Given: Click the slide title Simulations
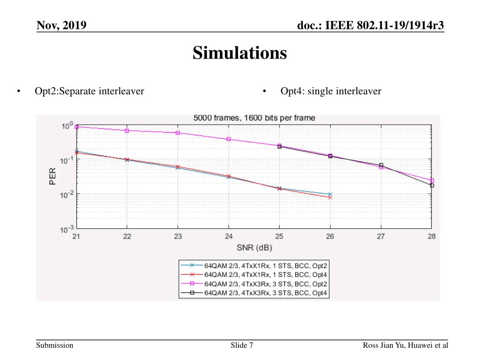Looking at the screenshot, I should coord(240,53).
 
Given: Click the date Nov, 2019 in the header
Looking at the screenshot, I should coord(61,25).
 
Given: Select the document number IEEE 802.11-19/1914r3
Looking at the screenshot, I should coord(370,25).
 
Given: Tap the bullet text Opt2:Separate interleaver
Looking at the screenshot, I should coord(89,91).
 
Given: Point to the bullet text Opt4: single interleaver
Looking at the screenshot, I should coord(330,91).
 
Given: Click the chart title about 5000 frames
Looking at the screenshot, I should coord(254,118).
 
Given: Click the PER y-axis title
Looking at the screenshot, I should coord(53,176).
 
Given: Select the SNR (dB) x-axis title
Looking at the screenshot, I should coord(254,248).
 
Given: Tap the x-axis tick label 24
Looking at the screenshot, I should coord(228,236).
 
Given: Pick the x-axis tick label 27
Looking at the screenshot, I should coord(381,236).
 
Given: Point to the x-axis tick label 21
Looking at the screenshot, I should coord(76,236).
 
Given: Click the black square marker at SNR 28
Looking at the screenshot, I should coord(432,185).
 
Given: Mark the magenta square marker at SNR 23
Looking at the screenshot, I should coord(178,133).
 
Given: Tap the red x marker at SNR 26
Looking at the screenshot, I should coord(330,197).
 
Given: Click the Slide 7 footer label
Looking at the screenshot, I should coord(242,345).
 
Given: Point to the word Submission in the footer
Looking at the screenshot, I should coord(55,345).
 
